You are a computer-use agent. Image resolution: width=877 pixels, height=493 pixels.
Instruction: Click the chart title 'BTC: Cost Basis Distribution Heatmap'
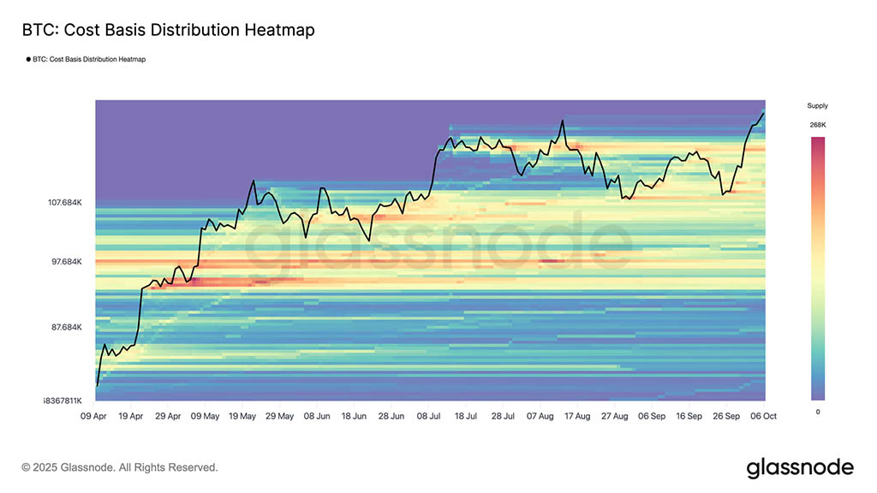(168, 30)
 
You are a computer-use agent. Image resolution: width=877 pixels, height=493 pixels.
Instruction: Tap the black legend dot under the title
(27, 60)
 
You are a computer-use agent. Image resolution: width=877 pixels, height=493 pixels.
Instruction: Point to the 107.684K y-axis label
(65, 203)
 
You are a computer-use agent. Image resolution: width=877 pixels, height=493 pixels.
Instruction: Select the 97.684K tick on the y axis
(67, 261)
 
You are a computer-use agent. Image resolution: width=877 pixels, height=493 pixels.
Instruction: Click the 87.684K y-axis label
(67, 327)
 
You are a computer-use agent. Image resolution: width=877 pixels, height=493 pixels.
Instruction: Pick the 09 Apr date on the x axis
(93, 416)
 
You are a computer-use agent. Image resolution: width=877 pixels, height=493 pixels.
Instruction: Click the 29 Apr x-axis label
(168, 416)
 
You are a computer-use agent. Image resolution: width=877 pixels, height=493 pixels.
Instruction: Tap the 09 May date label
(205, 416)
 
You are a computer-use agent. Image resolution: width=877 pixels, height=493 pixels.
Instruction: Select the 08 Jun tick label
(317, 416)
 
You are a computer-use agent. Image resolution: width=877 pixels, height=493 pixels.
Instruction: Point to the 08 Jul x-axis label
(429, 416)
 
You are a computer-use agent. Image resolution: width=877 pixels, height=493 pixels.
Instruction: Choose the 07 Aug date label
(540, 416)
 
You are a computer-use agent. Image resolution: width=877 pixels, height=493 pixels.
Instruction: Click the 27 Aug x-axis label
(615, 416)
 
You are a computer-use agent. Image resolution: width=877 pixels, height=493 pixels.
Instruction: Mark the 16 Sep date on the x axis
(689, 416)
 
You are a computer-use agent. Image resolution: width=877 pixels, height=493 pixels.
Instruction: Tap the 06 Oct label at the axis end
(764, 416)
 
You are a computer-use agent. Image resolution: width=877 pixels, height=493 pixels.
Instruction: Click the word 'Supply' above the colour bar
(817, 106)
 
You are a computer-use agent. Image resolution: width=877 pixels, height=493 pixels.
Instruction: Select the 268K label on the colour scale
(817, 125)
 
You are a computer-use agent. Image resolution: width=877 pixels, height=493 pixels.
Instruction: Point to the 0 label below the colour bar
(817, 412)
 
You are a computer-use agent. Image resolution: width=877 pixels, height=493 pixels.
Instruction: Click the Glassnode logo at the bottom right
(799, 467)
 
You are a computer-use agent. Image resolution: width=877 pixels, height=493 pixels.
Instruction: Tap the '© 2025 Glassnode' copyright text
(120, 467)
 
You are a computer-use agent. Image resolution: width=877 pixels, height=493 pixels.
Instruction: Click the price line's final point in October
(763, 113)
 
